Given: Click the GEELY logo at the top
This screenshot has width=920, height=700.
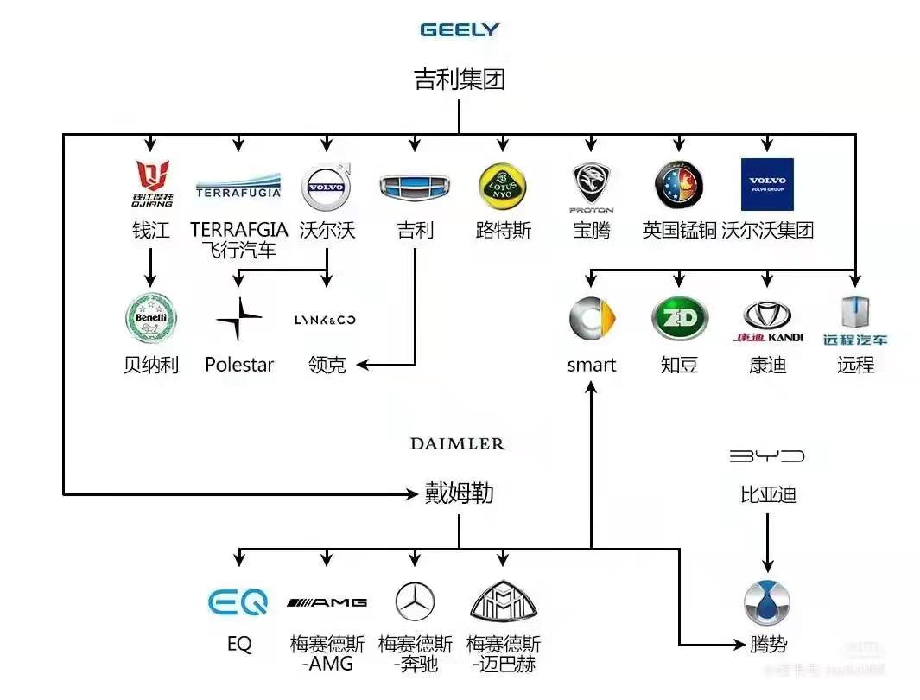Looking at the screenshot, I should point(460,29).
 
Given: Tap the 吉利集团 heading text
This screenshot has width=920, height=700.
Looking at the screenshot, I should point(460,80).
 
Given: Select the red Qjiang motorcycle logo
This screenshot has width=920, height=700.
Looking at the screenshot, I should point(152,182).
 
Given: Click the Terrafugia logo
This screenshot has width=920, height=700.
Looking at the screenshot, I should point(238,185).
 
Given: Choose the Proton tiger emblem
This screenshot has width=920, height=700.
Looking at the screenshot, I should point(592,185).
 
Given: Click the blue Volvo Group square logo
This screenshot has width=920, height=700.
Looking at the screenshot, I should point(767,184).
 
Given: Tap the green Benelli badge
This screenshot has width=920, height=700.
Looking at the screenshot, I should point(151,318).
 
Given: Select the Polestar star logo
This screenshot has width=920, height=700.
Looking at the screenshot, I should point(238,319).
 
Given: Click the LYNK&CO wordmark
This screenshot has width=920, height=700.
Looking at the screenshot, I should point(326,320).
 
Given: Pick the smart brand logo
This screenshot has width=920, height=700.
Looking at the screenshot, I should point(592,318).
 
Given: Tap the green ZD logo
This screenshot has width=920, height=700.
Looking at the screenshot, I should point(679,318).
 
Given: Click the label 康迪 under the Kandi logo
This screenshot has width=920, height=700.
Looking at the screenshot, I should point(767,365).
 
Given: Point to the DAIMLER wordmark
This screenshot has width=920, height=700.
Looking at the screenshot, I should point(458,444).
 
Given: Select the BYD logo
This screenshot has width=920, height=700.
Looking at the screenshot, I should point(767,455).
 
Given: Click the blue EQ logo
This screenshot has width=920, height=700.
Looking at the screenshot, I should point(238,601).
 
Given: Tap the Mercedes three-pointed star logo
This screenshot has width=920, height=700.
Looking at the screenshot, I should point(415,601).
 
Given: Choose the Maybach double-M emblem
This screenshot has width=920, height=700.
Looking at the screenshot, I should point(504,601).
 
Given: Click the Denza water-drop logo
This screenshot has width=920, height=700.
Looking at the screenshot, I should point(767,602).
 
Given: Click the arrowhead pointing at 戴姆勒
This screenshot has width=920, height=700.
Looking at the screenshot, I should point(413,494).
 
